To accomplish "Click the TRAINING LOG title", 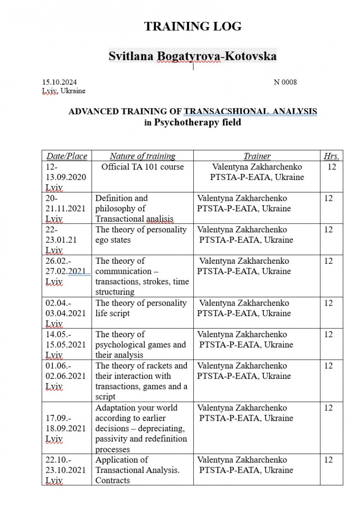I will (193, 26).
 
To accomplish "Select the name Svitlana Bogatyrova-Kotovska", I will (192, 56).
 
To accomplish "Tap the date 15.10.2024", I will (59, 82).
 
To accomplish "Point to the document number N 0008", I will (285, 82).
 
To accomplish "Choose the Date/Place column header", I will (67, 156).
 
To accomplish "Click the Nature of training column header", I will (142, 156).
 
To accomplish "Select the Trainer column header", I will (257, 156).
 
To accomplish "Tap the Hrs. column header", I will (331, 156).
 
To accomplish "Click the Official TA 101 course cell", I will (142, 167).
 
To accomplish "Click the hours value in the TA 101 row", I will (332, 167).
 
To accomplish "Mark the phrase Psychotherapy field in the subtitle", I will (197, 122).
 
